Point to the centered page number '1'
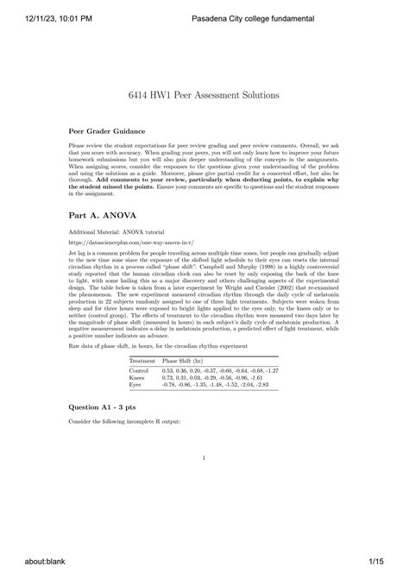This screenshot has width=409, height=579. tap(204, 458)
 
